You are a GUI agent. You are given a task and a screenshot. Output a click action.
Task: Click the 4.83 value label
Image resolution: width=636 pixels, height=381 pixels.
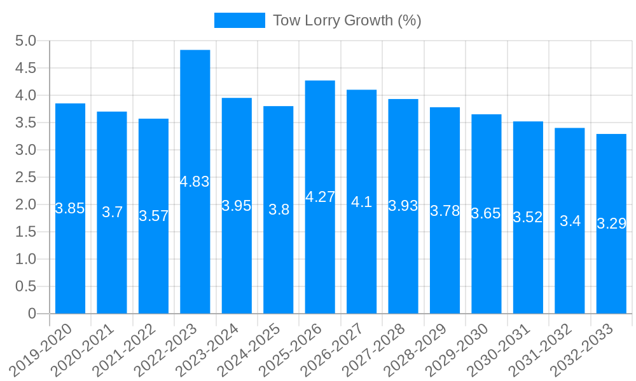click(195, 182)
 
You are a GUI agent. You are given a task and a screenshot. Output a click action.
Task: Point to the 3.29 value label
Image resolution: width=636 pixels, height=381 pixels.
click(611, 224)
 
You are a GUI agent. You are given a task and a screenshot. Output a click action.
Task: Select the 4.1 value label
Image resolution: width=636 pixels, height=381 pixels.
click(361, 202)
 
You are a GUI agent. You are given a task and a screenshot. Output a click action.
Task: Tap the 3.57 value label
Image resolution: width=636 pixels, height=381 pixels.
click(154, 216)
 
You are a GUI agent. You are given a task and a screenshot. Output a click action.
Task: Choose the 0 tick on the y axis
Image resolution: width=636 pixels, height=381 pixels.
click(32, 314)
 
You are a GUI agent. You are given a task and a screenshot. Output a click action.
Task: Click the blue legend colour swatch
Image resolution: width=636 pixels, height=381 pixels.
click(239, 20)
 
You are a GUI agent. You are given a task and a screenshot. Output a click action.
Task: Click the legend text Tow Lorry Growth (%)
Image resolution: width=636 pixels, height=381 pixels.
click(347, 20)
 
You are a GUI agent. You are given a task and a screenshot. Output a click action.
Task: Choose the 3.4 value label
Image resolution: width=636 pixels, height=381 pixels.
click(570, 221)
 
